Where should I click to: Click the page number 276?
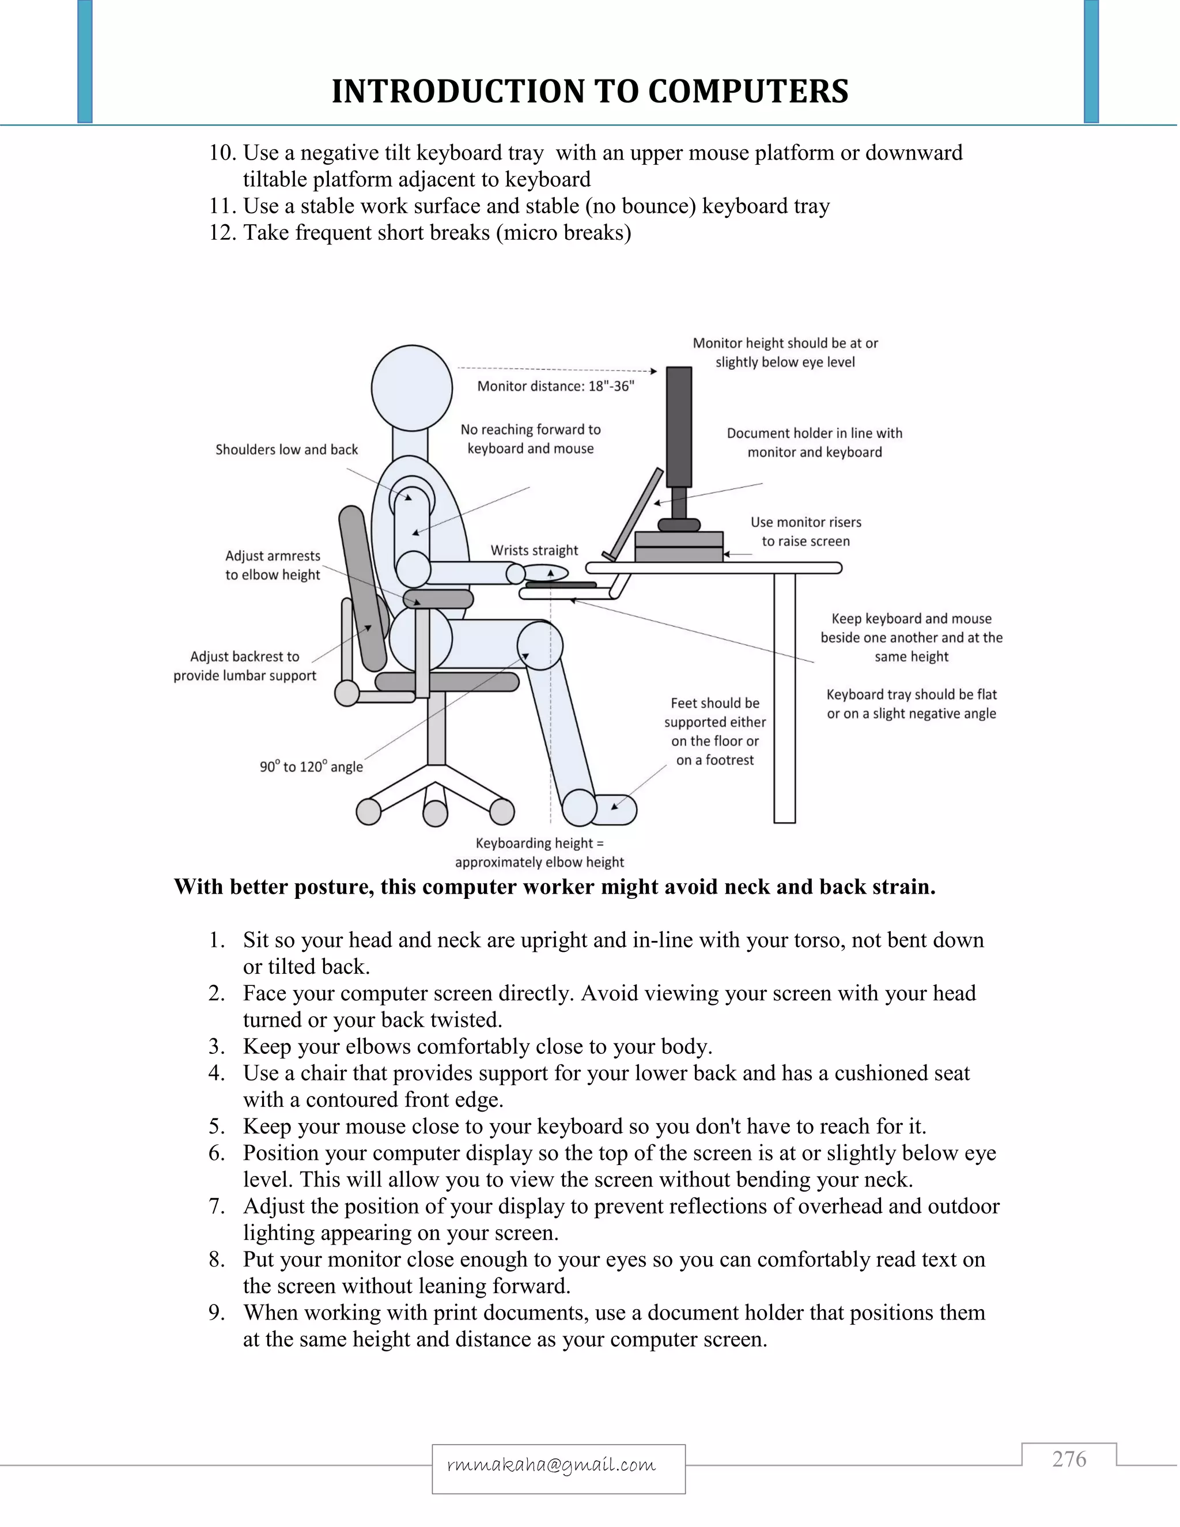(x=1069, y=1459)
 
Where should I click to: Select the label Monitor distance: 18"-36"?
(x=556, y=386)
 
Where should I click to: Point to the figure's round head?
(x=412, y=388)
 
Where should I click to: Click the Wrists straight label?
(x=534, y=550)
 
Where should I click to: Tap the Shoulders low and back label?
(x=286, y=449)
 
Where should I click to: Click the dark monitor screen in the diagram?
(x=678, y=426)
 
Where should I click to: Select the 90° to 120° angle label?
(x=311, y=766)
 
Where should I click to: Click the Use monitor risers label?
(x=805, y=531)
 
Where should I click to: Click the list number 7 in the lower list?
(x=216, y=1206)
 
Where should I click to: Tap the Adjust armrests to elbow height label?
(x=273, y=565)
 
